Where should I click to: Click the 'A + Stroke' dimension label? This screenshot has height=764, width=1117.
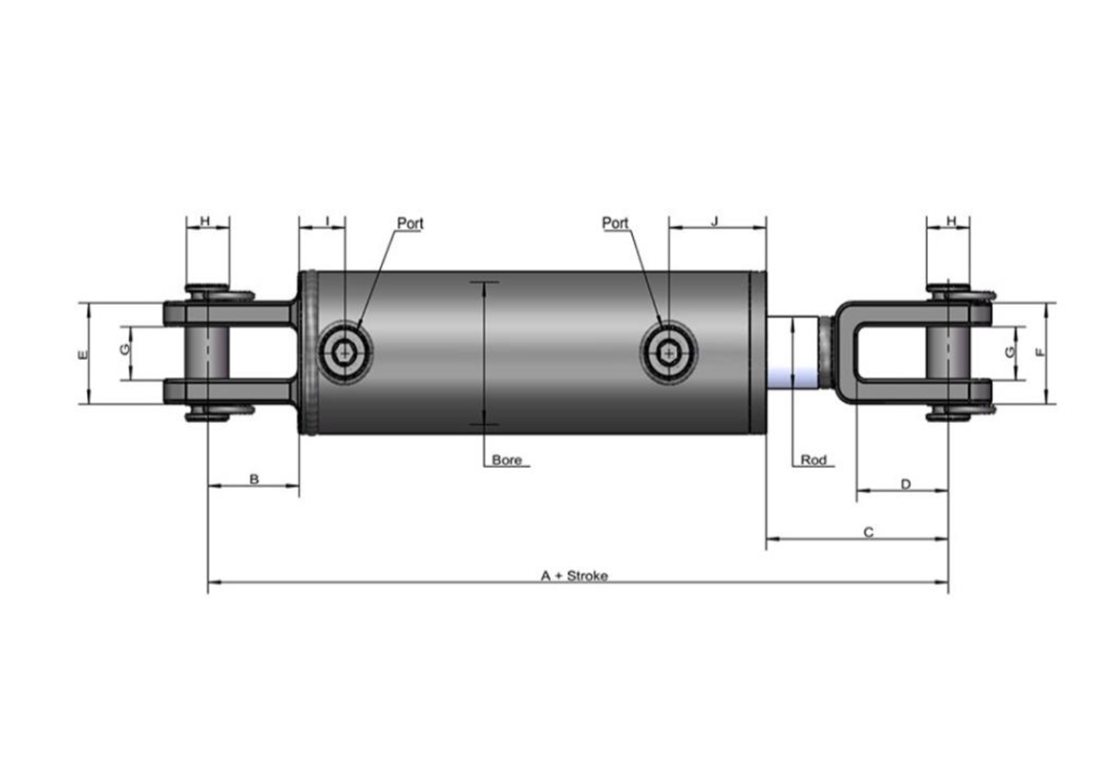(574, 576)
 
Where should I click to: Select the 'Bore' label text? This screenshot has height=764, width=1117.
(507, 460)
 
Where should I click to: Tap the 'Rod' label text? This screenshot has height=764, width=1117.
(813, 459)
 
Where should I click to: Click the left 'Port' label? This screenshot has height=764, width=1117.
(410, 223)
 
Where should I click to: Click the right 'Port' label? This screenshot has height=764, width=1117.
(616, 223)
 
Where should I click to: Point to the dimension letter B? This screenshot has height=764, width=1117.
(254, 478)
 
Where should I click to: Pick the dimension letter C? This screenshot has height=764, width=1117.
(869, 532)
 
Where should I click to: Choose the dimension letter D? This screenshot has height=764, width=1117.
(905, 484)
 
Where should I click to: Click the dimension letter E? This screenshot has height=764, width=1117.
(84, 354)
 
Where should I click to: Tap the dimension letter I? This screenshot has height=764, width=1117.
(327, 221)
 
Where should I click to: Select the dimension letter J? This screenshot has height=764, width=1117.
(716, 221)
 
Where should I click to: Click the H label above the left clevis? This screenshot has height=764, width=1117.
(205, 221)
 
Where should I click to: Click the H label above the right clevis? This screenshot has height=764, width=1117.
(952, 221)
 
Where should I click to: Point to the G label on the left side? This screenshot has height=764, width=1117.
(125, 350)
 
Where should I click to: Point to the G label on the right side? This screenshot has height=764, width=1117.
(1009, 352)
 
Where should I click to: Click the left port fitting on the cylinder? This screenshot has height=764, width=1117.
(346, 351)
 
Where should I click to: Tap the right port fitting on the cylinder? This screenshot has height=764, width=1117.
(669, 351)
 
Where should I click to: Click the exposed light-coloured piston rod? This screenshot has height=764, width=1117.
(792, 352)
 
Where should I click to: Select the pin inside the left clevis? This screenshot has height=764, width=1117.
(207, 352)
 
